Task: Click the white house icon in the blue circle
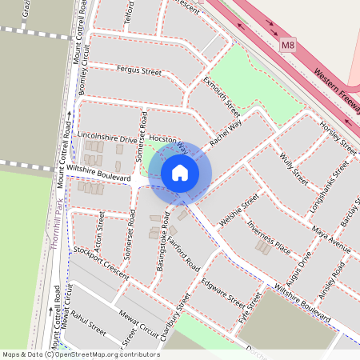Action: [180, 173]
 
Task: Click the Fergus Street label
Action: [138, 71]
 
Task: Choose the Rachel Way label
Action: [226, 133]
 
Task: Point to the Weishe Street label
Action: [239, 210]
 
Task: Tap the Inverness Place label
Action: [268, 235]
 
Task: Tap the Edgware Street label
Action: [223, 292]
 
